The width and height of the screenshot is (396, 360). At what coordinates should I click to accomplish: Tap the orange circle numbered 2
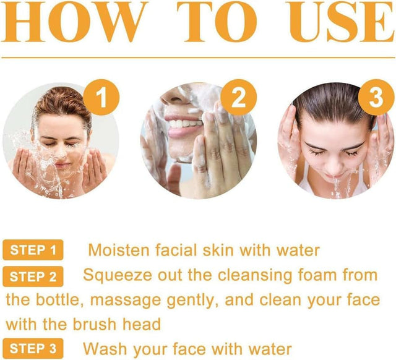point(238,97)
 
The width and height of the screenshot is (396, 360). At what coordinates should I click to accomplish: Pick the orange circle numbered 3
point(376,97)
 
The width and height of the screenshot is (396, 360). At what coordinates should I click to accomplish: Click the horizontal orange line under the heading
point(198,58)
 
